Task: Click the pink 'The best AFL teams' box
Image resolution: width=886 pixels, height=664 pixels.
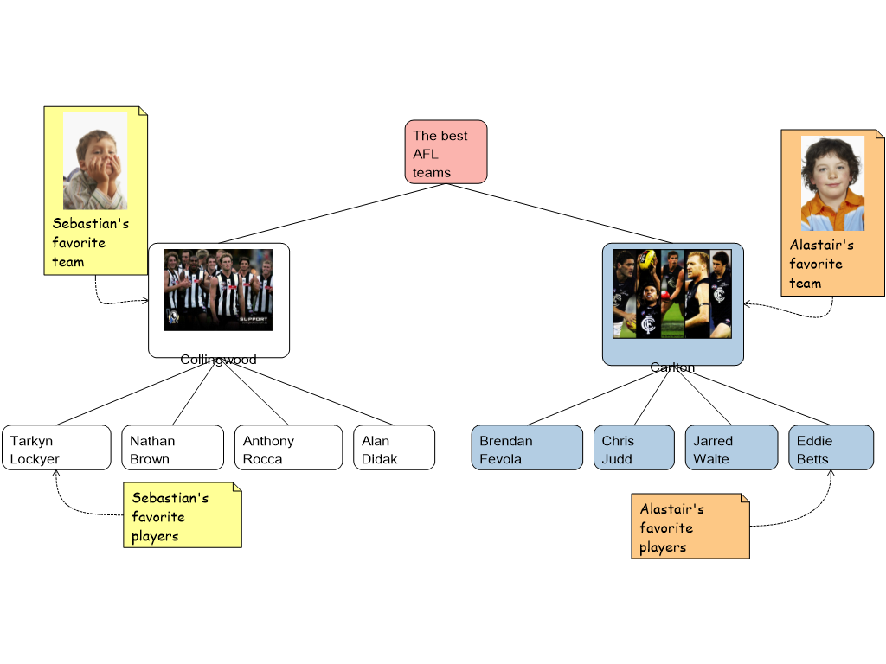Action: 446,152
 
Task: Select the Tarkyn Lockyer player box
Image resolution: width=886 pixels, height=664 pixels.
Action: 56,448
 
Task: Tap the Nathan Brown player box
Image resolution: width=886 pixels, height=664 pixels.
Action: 172,448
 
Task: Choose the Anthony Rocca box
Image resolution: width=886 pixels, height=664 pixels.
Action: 288,448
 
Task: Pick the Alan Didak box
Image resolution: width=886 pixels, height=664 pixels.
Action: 394,448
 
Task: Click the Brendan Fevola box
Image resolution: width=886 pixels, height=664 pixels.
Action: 528,448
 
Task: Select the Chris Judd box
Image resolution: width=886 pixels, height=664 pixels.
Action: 633,448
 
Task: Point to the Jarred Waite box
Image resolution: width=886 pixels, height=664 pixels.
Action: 731,448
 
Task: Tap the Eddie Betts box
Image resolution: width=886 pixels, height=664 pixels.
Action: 831,448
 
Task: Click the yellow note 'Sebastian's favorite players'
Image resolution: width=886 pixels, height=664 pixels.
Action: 183,515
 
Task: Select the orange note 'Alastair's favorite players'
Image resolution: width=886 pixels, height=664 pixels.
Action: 690,527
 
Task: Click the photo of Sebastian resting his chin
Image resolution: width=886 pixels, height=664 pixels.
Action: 95,161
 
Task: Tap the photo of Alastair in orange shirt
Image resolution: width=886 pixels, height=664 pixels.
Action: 831,182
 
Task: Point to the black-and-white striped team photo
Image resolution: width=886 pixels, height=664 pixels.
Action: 218,290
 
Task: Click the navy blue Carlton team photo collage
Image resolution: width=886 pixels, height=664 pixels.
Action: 672,294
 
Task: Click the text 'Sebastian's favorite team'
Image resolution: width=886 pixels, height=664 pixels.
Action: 90,243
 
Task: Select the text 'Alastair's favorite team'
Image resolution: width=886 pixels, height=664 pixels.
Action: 821,264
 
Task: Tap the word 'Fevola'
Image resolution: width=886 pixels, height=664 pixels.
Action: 500,459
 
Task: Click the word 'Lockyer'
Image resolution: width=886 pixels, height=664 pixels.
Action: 35,459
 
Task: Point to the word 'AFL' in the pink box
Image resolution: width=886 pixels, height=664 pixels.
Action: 426,154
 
